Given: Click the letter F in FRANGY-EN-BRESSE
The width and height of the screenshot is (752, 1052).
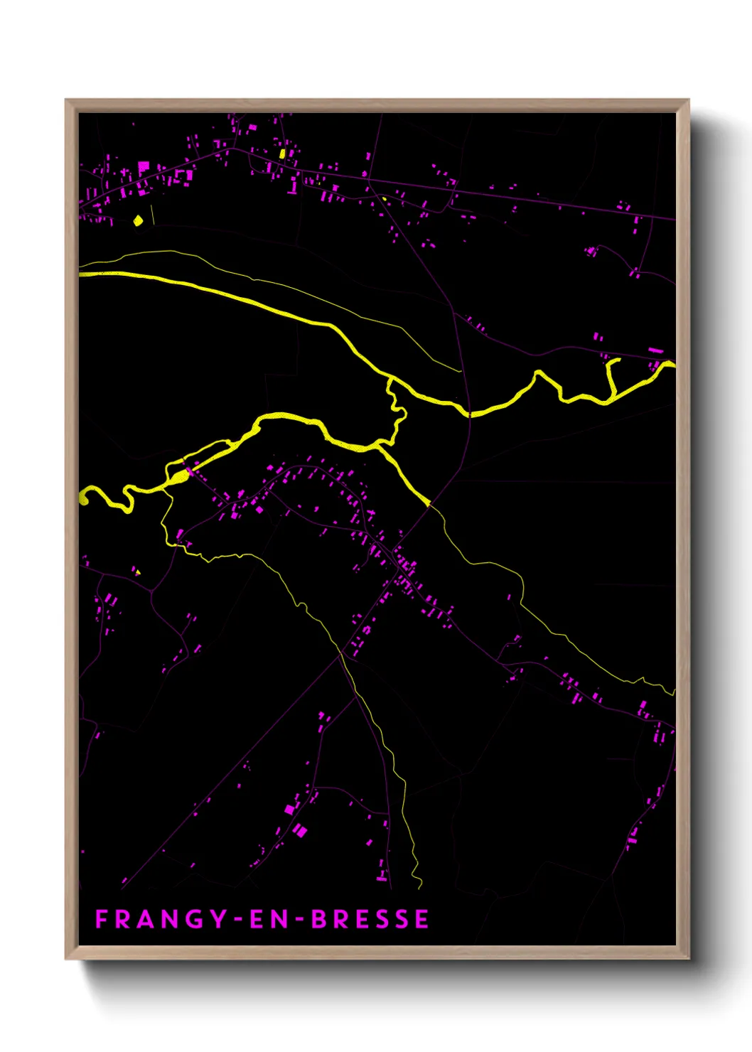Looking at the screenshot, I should pos(101,919).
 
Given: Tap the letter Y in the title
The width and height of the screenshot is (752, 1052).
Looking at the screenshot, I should pos(217,919).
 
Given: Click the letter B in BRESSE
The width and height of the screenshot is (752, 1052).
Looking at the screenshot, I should pos(318,919).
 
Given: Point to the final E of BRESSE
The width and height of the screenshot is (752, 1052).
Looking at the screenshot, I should pos(422,919).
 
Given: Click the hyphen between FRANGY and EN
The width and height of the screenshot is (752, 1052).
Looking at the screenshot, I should pos(239,920).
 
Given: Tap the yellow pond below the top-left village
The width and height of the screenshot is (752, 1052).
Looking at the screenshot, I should pos(139,220).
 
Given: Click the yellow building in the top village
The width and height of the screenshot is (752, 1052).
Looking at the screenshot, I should pos(282,154).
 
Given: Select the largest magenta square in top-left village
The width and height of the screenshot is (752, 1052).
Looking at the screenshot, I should pos(144,167).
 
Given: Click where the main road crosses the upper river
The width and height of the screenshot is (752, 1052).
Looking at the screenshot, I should pos(470,413).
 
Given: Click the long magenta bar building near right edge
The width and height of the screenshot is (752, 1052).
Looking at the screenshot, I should pos(655,350).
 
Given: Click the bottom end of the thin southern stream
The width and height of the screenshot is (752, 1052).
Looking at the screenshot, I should pos(420,886).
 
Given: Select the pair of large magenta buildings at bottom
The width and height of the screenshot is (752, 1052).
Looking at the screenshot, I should pos(295,819).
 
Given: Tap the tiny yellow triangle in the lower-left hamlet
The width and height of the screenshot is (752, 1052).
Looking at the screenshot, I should pos(137,571).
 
